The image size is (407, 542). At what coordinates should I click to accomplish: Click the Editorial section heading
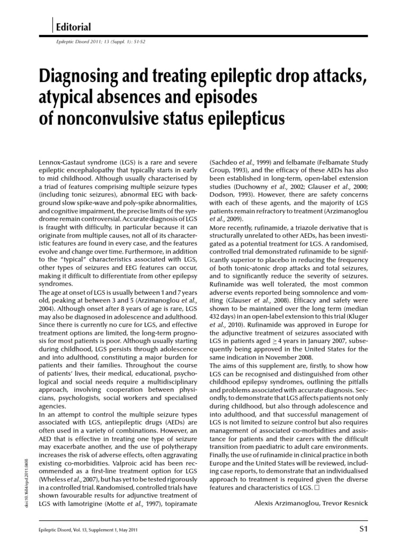click(x=75, y=27)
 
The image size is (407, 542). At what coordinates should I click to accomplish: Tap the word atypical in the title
click(x=66, y=98)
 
